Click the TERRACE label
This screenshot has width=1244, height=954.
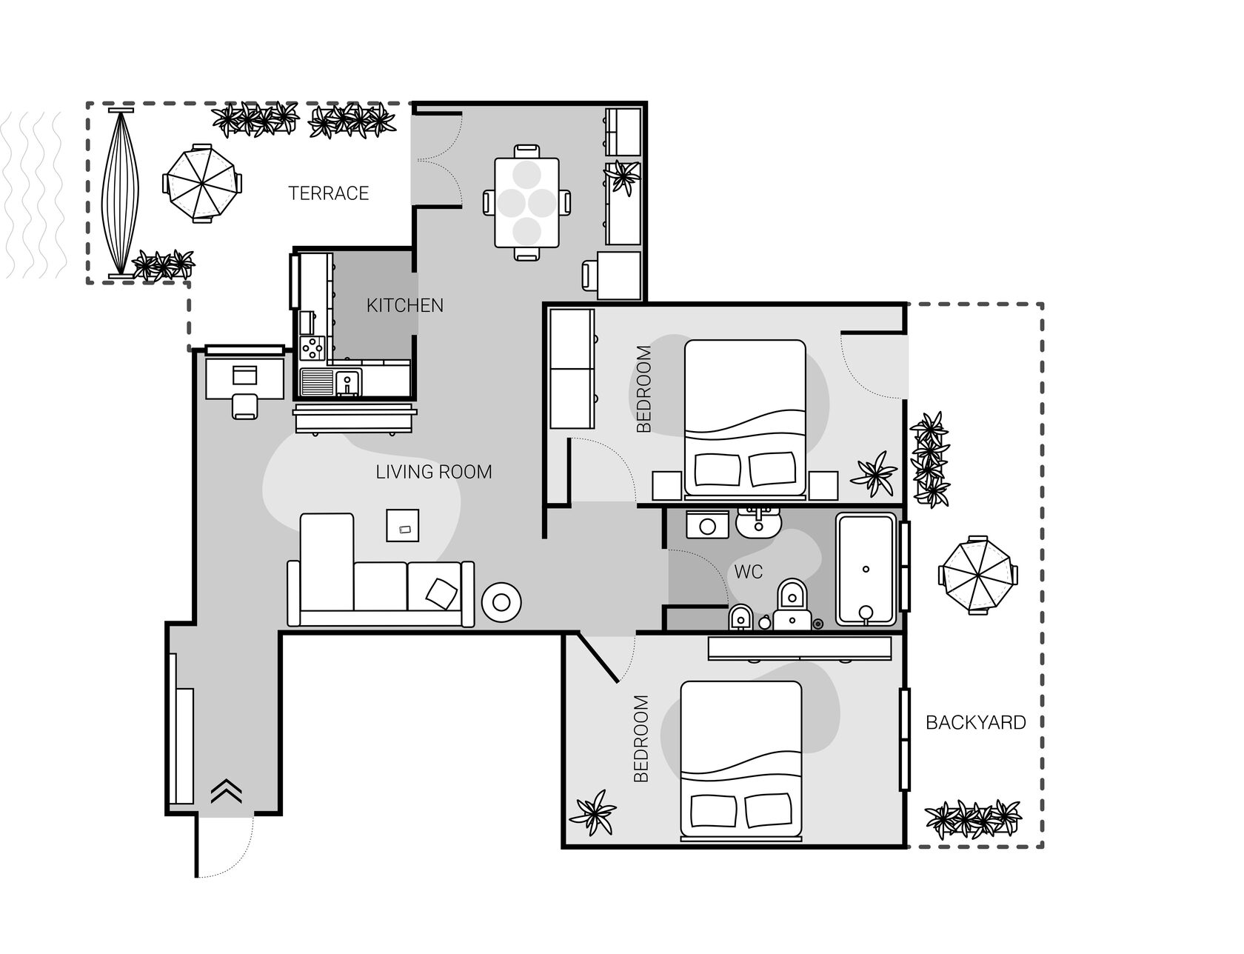click(328, 193)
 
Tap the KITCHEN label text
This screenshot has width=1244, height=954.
click(405, 305)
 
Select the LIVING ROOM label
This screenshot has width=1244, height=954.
click(434, 472)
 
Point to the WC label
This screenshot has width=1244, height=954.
click(749, 572)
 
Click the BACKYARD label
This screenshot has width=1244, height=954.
click(976, 722)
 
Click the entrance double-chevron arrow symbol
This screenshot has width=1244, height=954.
click(227, 791)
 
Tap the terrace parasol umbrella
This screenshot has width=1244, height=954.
click(202, 182)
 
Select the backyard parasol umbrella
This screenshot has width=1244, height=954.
click(977, 575)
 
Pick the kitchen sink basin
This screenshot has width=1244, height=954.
click(347, 383)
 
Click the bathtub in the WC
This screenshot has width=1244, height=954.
click(866, 569)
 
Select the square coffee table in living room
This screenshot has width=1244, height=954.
click(402, 525)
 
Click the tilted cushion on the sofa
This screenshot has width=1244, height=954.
click(442, 593)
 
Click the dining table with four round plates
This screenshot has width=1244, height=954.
click(526, 202)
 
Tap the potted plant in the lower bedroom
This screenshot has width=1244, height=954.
click(593, 813)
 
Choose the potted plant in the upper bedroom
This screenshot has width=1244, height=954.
click(875, 473)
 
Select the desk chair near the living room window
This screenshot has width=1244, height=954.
click(245, 406)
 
